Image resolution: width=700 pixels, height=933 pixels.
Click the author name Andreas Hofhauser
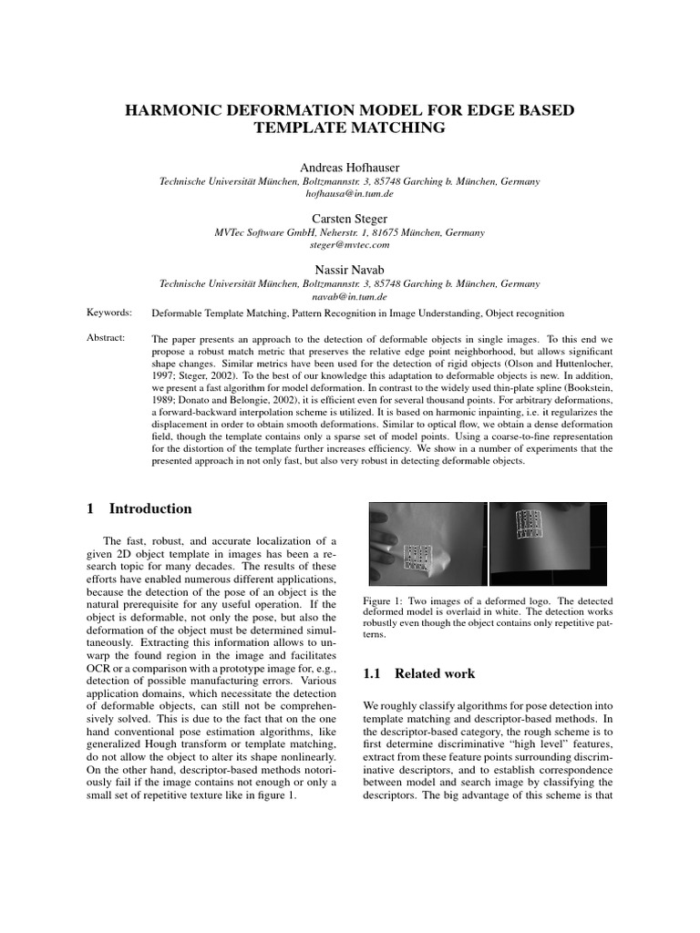(349, 168)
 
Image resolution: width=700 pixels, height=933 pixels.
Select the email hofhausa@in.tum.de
(349, 195)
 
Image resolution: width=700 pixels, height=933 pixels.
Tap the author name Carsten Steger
(349, 219)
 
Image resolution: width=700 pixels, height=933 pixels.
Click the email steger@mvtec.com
(349, 245)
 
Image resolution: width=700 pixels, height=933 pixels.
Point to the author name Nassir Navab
(349, 270)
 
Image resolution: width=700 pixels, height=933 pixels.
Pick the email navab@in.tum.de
(349, 296)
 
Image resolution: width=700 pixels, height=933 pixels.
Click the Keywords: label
(108, 313)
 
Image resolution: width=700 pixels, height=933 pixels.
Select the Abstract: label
(107, 337)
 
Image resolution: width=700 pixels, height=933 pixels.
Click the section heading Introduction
(150, 508)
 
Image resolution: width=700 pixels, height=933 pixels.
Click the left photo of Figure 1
(426, 544)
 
